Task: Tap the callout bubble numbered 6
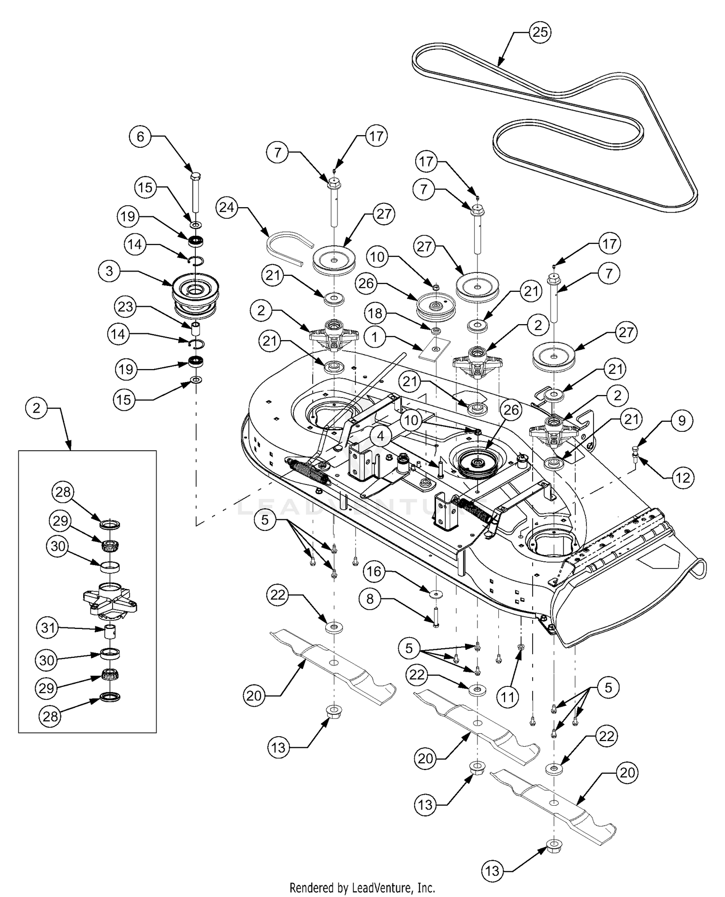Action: pos(140,136)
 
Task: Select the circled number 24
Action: pos(227,208)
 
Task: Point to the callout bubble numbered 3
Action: pos(109,271)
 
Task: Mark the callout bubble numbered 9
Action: pos(681,420)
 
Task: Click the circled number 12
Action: pos(682,478)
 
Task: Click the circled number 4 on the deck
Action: pos(381,436)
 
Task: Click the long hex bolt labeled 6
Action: pos(196,192)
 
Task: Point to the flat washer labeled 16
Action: pos(436,593)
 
